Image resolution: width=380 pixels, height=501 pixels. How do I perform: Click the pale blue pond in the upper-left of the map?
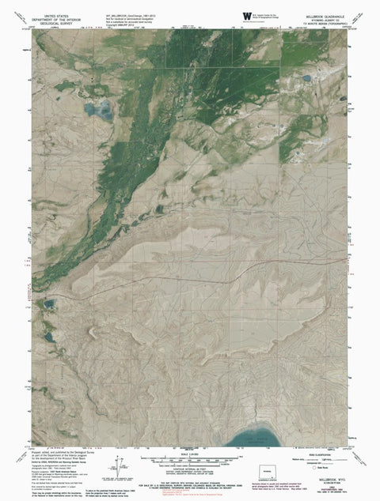(100, 111)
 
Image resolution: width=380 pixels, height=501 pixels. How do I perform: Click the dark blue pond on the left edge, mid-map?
(50, 304)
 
